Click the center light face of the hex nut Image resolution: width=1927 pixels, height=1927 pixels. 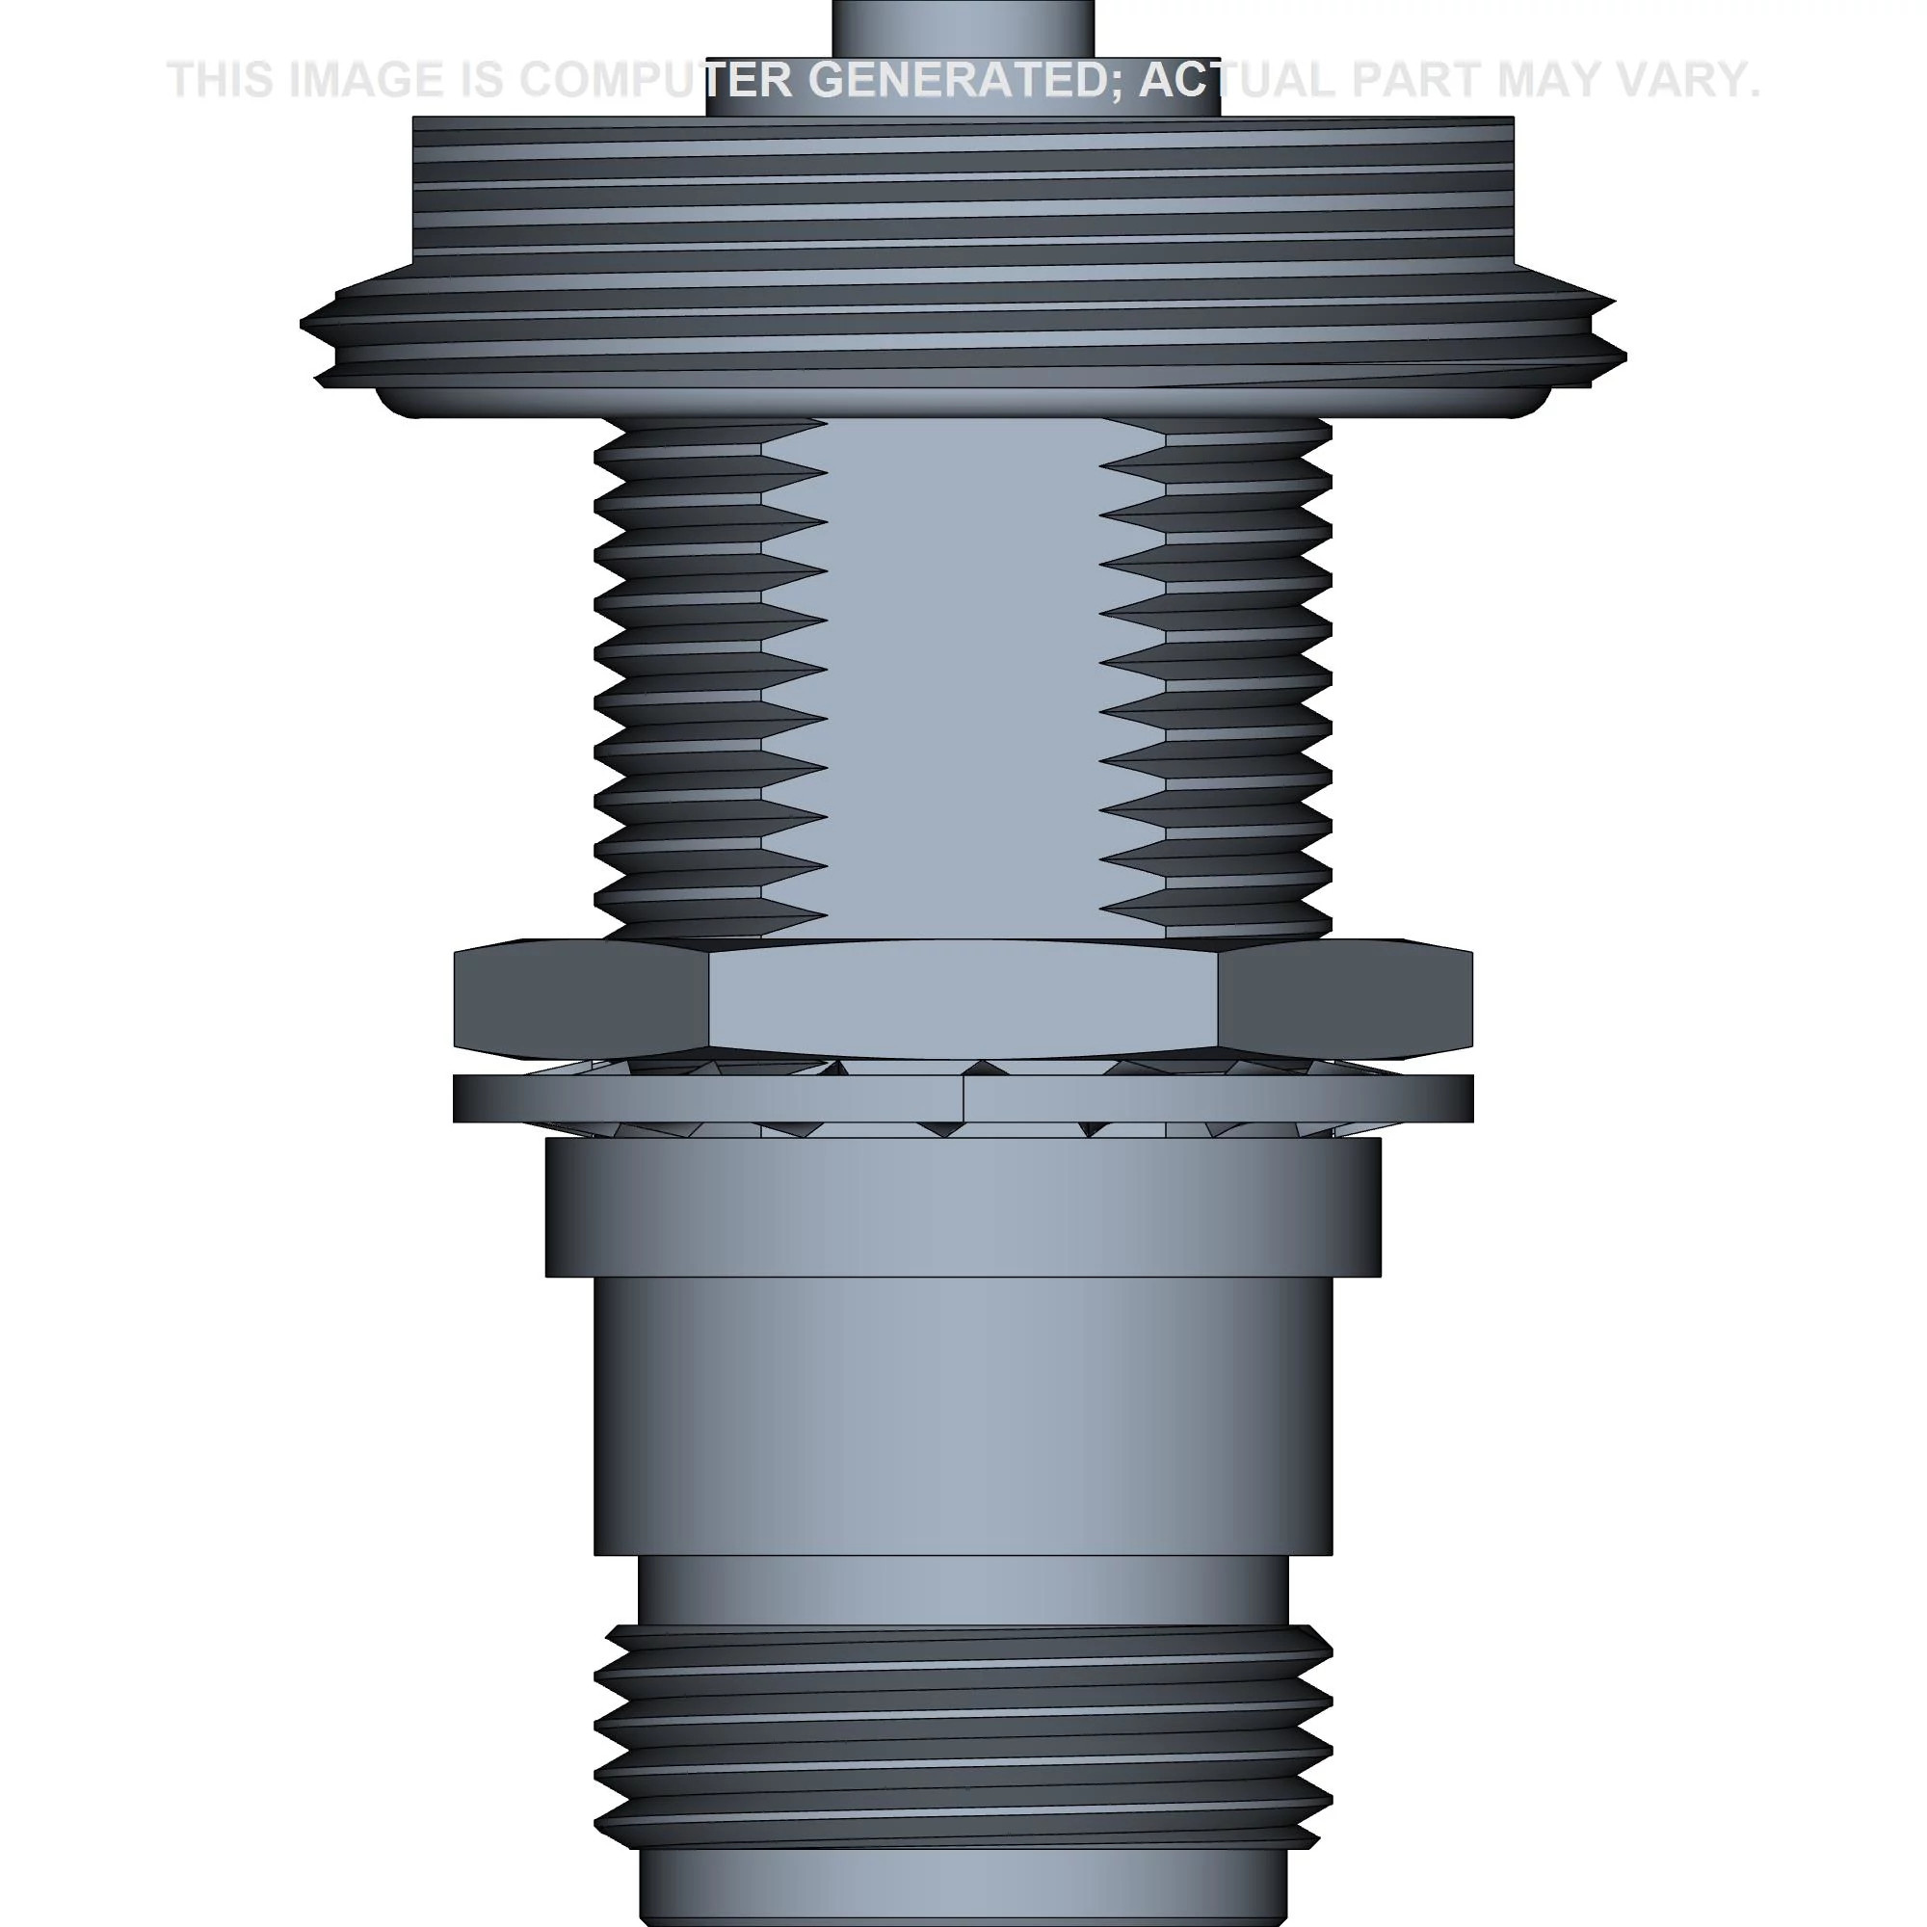pyautogui.click(x=963, y=997)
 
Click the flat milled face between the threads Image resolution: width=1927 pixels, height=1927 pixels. pyautogui.click(x=963, y=678)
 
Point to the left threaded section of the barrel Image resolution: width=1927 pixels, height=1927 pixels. pyautogui.click(x=678, y=678)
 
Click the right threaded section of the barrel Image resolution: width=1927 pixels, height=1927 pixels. pyautogui.click(x=1247, y=678)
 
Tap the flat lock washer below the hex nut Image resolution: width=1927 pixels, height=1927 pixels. pyautogui.click(x=963, y=1099)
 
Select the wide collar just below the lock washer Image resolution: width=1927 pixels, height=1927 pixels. pyautogui.click(x=963, y=1207)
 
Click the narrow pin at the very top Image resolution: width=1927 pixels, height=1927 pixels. pyautogui.click(x=963, y=25)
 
